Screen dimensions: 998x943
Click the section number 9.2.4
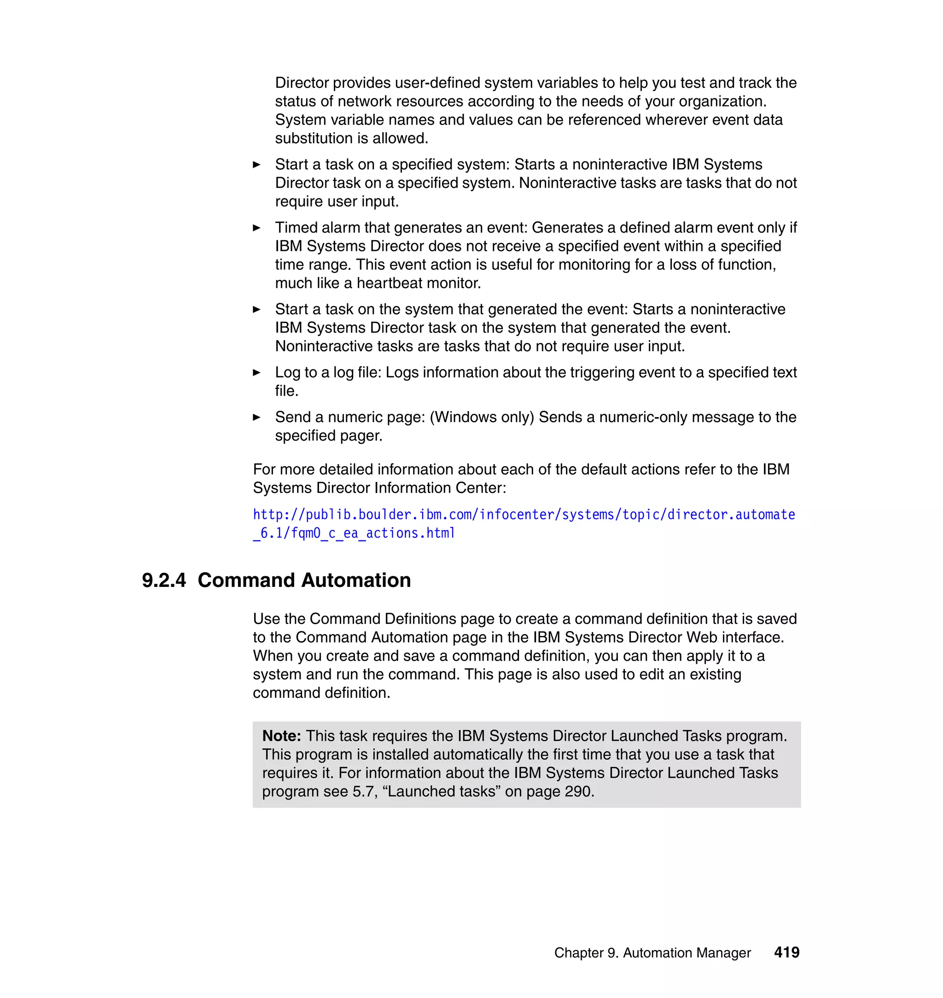(x=164, y=580)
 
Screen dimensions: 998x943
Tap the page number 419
(x=786, y=952)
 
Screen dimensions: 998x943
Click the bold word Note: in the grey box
(x=281, y=736)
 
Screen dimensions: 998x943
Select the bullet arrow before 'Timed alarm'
(x=256, y=228)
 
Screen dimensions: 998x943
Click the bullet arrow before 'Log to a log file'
(x=256, y=372)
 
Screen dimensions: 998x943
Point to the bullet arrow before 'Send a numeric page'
(x=256, y=417)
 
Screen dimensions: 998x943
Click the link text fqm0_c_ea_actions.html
(x=373, y=533)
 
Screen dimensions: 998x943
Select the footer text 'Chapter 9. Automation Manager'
(x=652, y=953)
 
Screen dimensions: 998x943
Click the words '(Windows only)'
(x=482, y=417)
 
